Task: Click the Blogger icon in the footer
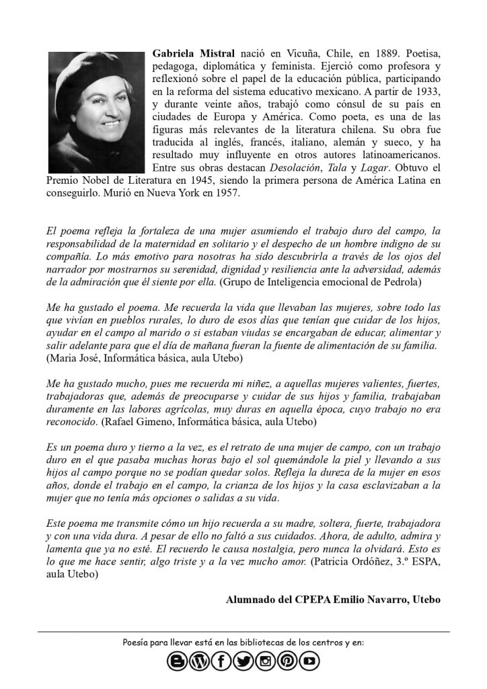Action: point(178,662)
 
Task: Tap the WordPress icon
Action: point(199,662)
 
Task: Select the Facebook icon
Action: point(221,662)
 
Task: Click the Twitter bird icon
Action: point(243,662)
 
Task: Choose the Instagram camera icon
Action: point(265,662)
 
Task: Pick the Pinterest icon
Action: point(287,662)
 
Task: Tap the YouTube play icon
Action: point(309,662)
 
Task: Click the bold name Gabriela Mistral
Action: point(194,52)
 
